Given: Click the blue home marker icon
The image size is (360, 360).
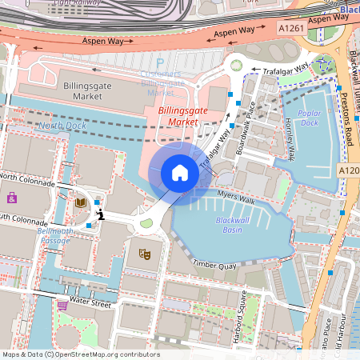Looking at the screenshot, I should (x=180, y=173).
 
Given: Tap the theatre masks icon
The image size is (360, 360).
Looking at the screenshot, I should (x=145, y=254).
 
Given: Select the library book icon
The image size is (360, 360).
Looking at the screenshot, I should (x=80, y=203).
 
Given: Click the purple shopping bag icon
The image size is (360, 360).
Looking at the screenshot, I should (x=12, y=197).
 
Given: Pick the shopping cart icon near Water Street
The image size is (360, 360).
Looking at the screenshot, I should (x=62, y=305).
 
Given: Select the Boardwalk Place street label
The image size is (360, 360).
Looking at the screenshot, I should (x=246, y=128).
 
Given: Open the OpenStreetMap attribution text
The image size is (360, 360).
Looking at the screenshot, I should (x=81, y=354).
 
